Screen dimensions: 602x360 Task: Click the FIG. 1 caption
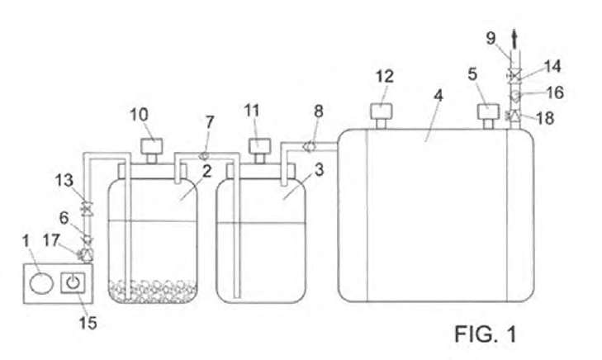(486, 334)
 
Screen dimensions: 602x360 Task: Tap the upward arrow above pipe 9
(514, 40)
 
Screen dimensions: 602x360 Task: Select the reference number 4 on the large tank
(438, 95)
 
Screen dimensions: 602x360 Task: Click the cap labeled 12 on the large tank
(381, 115)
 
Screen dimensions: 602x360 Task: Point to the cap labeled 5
(488, 116)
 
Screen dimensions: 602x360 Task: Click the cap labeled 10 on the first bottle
(152, 151)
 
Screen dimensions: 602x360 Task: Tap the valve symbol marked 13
(87, 210)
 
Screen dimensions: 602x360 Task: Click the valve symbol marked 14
(514, 75)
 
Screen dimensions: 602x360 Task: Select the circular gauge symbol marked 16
(514, 95)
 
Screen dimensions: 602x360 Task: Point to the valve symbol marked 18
(514, 115)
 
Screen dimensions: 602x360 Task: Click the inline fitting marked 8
(310, 146)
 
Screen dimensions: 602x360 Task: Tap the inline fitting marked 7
(204, 156)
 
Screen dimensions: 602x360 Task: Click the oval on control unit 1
(41, 283)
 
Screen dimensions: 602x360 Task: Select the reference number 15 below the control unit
(88, 323)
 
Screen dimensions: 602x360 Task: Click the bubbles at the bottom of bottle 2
(153, 291)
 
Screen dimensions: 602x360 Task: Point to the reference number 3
(319, 170)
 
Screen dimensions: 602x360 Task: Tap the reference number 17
(51, 240)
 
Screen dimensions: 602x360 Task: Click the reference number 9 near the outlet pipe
(491, 38)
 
